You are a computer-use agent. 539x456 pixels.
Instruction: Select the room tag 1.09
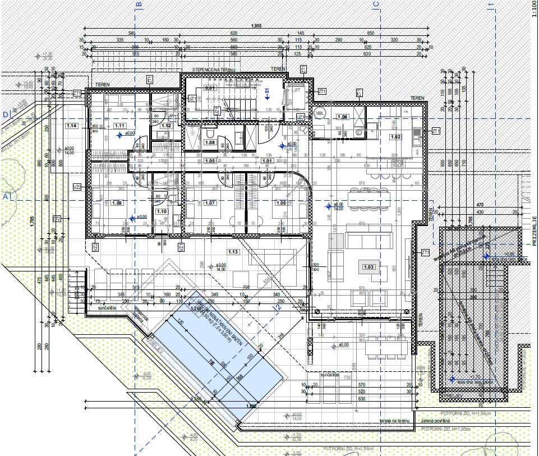point(117,202)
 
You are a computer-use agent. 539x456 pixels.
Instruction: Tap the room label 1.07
point(209,202)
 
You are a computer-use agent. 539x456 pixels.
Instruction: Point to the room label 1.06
point(280,202)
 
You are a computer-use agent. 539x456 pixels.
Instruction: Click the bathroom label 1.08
point(210,142)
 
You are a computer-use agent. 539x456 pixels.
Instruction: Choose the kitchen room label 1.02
point(395,137)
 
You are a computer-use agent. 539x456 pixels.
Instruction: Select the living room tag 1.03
point(368,267)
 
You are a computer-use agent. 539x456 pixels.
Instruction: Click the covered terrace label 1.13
point(233,252)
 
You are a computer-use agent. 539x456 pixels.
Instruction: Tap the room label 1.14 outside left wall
point(71,126)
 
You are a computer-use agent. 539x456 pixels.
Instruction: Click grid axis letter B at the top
point(139,5)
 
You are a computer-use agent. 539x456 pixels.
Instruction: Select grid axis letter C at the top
point(376,5)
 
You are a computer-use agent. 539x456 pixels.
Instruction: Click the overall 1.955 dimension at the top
point(256,26)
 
